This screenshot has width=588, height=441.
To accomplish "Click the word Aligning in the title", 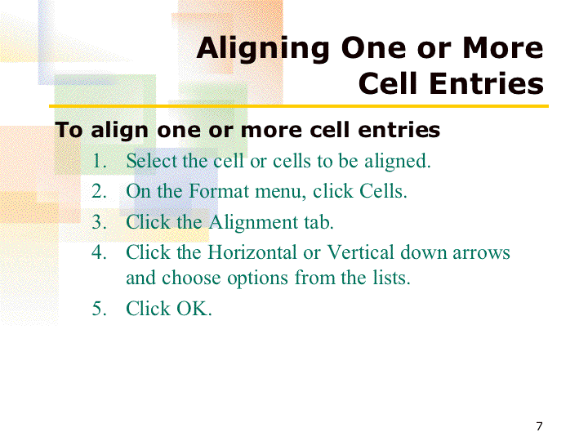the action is click(263, 50).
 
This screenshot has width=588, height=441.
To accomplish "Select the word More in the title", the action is click(503, 48).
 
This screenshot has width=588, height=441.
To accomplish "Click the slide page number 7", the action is click(539, 426).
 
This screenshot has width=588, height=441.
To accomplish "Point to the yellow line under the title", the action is click(299, 106).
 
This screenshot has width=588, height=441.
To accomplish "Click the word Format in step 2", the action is click(219, 191).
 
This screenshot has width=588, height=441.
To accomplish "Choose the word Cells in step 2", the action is click(383, 191).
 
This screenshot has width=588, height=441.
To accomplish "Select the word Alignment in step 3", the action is click(253, 222).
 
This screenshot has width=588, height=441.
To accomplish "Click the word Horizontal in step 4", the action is click(252, 252).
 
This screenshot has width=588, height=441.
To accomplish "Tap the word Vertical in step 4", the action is click(361, 252).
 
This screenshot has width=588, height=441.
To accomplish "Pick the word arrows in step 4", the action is click(481, 253).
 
